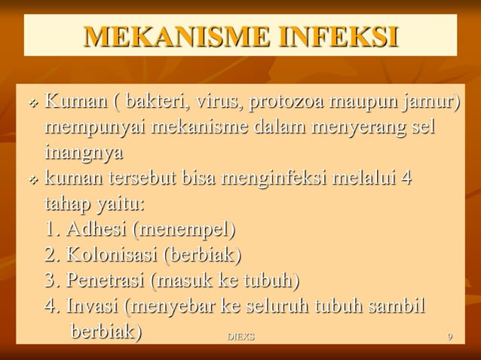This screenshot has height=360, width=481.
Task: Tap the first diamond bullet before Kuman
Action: pos(33,102)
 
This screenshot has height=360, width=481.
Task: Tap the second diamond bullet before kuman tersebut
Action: pos(33,180)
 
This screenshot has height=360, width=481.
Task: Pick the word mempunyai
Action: pos(95,127)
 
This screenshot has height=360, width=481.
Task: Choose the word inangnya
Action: pos(83,152)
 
